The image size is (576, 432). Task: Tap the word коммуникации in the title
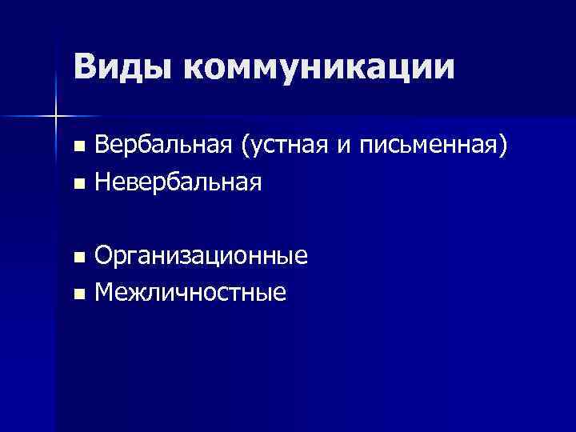click(x=318, y=68)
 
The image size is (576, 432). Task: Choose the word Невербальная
click(x=178, y=183)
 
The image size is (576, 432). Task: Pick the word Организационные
click(x=202, y=257)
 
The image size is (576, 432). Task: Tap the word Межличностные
click(x=190, y=294)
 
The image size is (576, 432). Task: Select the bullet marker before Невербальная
click(x=78, y=185)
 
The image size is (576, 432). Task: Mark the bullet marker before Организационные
click(x=78, y=258)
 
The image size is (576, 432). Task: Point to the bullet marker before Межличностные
click(x=78, y=295)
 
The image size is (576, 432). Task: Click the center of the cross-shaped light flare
click(x=55, y=116)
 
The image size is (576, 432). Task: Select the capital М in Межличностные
click(x=105, y=294)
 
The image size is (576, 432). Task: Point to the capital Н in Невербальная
click(x=103, y=183)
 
